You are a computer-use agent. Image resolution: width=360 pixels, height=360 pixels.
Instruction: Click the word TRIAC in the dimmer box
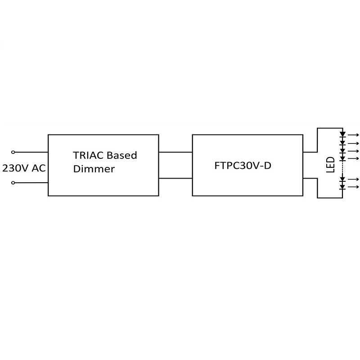(x=86, y=156)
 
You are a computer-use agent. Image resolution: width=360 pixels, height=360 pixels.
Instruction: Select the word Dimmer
(x=94, y=170)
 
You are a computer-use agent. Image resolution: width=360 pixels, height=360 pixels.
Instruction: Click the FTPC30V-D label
(x=243, y=165)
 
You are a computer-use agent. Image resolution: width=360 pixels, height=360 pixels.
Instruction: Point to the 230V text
(x=16, y=169)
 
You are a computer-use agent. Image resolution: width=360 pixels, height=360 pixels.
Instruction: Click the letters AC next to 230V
(x=39, y=169)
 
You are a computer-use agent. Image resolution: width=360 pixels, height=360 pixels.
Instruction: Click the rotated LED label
(x=330, y=165)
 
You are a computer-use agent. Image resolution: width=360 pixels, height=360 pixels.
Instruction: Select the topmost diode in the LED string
(x=342, y=134)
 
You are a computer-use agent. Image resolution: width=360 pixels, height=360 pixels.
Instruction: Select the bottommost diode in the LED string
(x=342, y=186)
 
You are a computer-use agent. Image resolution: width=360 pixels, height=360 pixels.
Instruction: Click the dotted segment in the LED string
(x=342, y=169)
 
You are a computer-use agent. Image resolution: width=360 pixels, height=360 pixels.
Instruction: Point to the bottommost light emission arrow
(x=354, y=187)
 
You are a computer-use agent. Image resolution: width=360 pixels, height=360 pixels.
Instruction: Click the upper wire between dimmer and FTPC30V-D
(x=175, y=152)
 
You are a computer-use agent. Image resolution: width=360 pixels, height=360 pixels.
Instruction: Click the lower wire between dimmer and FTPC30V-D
(x=175, y=179)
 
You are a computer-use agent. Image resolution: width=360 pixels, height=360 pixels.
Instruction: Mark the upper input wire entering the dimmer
(x=31, y=152)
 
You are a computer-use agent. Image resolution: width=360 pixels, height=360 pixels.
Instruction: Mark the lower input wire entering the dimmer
(x=31, y=183)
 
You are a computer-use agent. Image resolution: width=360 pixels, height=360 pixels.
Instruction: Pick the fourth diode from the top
(x=342, y=158)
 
